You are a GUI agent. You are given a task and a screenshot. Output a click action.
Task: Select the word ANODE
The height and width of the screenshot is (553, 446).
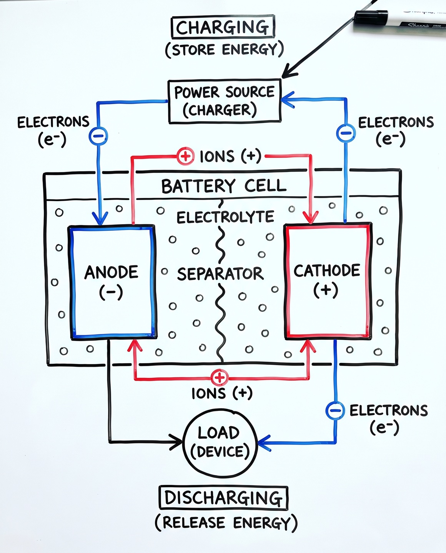(x=111, y=272)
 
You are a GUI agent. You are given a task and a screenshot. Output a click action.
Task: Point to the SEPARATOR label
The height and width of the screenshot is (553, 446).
(x=220, y=274)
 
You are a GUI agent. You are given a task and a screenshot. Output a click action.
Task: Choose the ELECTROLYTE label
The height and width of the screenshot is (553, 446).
(x=225, y=217)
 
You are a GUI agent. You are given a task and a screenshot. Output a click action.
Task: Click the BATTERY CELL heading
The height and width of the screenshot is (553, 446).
(x=224, y=186)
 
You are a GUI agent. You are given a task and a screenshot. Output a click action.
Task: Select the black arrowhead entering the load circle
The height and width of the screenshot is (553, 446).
(x=176, y=442)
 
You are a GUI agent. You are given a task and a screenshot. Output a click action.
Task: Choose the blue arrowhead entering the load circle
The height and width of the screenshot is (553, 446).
(x=264, y=443)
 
